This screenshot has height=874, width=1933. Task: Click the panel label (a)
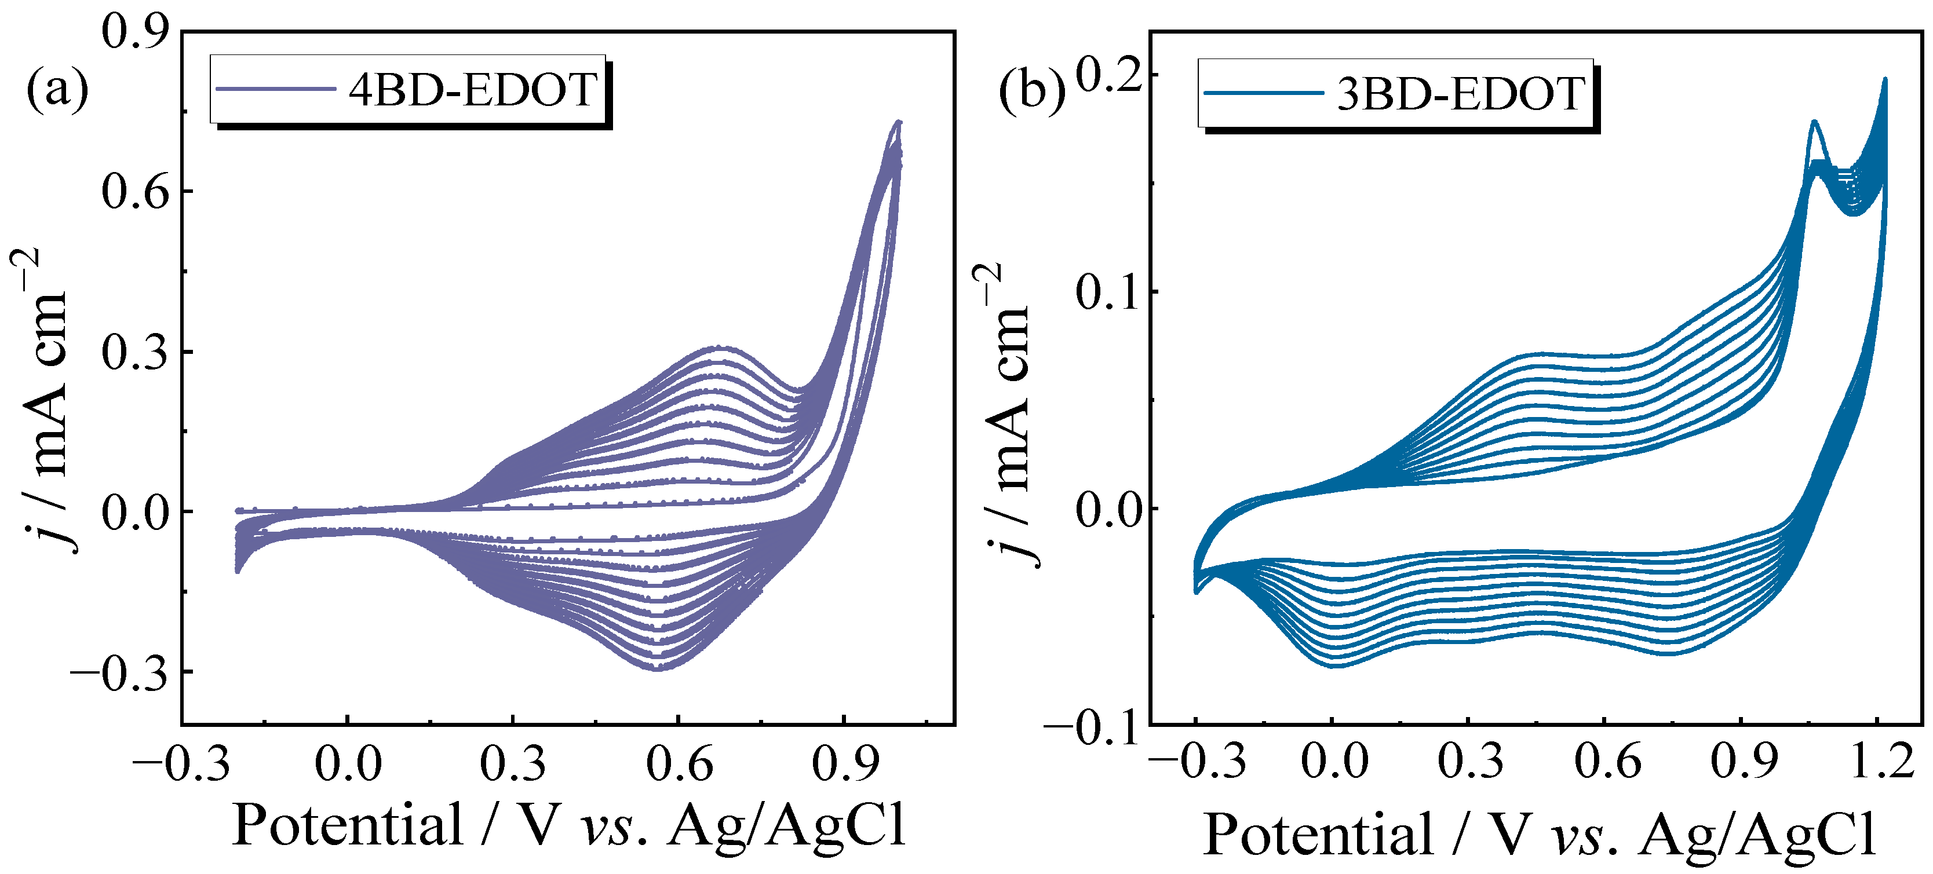57,89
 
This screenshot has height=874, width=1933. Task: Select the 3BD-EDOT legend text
1460,94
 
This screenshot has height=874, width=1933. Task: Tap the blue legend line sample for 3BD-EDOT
1264,94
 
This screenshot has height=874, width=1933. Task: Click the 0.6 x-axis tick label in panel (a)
679,765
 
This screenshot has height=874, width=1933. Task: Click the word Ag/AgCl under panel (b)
1757,834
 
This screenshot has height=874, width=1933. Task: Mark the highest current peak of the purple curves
898,122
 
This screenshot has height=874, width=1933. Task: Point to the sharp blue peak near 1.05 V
1814,122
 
